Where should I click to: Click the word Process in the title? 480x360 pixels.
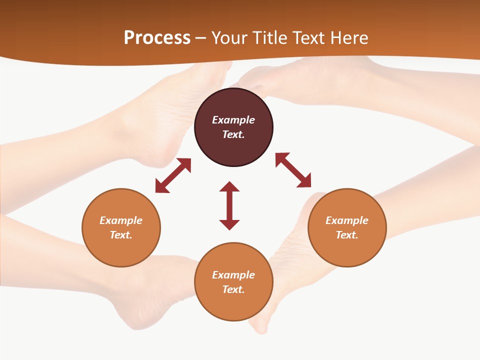coord(157,38)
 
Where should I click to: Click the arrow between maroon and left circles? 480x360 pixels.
coord(173,175)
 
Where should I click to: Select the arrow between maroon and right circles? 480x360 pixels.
coord(293,170)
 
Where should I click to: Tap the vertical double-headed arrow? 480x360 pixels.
coord(229,205)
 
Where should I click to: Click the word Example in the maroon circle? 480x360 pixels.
coord(233,120)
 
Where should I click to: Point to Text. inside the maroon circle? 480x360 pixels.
coord(233,134)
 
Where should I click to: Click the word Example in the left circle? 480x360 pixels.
coord(121,220)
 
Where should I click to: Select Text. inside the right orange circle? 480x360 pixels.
coord(347,235)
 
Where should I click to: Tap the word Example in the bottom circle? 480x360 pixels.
coord(233,275)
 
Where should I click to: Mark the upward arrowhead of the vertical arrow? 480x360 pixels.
coord(229,186)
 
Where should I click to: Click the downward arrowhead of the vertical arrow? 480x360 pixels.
coord(229,224)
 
